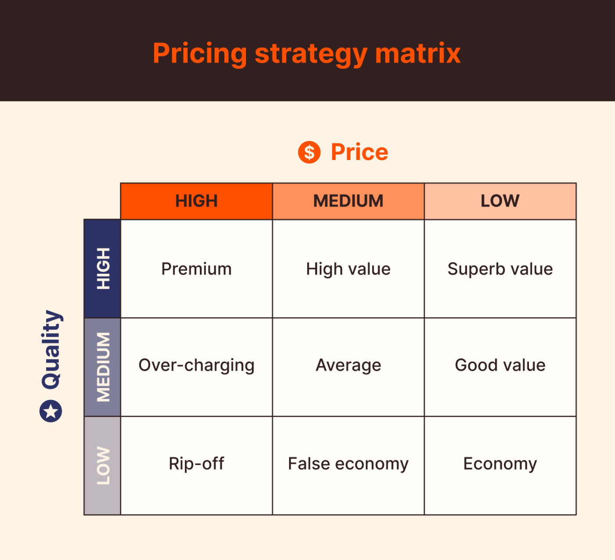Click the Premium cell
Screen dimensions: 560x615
tap(196, 269)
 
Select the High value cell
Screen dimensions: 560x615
tap(348, 269)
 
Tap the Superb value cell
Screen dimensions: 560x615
tap(500, 269)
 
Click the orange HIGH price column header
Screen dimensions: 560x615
tap(196, 201)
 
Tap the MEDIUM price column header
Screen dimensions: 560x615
tap(348, 201)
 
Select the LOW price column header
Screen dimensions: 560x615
tap(500, 201)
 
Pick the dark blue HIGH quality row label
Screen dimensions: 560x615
tap(102, 269)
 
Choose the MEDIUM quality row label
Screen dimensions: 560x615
tap(102, 367)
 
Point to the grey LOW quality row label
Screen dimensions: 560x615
tap(102, 465)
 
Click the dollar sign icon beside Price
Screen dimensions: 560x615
tap(309, 153)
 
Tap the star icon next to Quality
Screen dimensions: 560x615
tap(51, 411)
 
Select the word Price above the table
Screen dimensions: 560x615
tap(359, 152)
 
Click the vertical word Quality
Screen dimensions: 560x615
tap(51, 349)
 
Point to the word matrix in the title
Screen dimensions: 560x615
tap(418, 54)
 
